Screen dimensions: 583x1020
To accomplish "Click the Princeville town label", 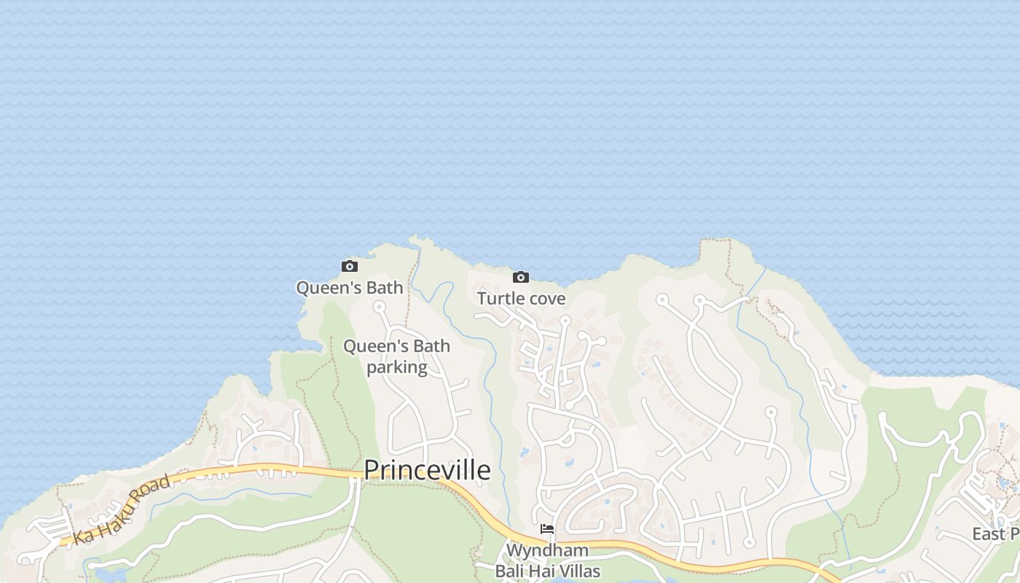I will (427, 471).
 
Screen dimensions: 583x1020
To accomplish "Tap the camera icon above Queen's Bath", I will (350, 267).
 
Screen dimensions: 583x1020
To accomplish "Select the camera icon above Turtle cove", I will (521, 278).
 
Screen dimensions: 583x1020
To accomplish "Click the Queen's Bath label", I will (350, 288).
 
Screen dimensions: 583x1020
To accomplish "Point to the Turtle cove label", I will (521, 299).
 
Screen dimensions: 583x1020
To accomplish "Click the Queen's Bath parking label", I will (397, 356).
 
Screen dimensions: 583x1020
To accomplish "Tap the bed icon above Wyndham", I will (547, 529).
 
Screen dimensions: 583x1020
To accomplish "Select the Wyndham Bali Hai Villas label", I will (547, 560).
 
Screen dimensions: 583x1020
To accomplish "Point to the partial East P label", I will (995, 534).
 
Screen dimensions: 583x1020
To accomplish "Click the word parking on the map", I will (397, 367).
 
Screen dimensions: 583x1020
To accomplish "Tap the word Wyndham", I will (547, 550).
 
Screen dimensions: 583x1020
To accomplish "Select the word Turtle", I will (501, 299).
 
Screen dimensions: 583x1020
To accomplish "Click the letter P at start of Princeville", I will (372, 471).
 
